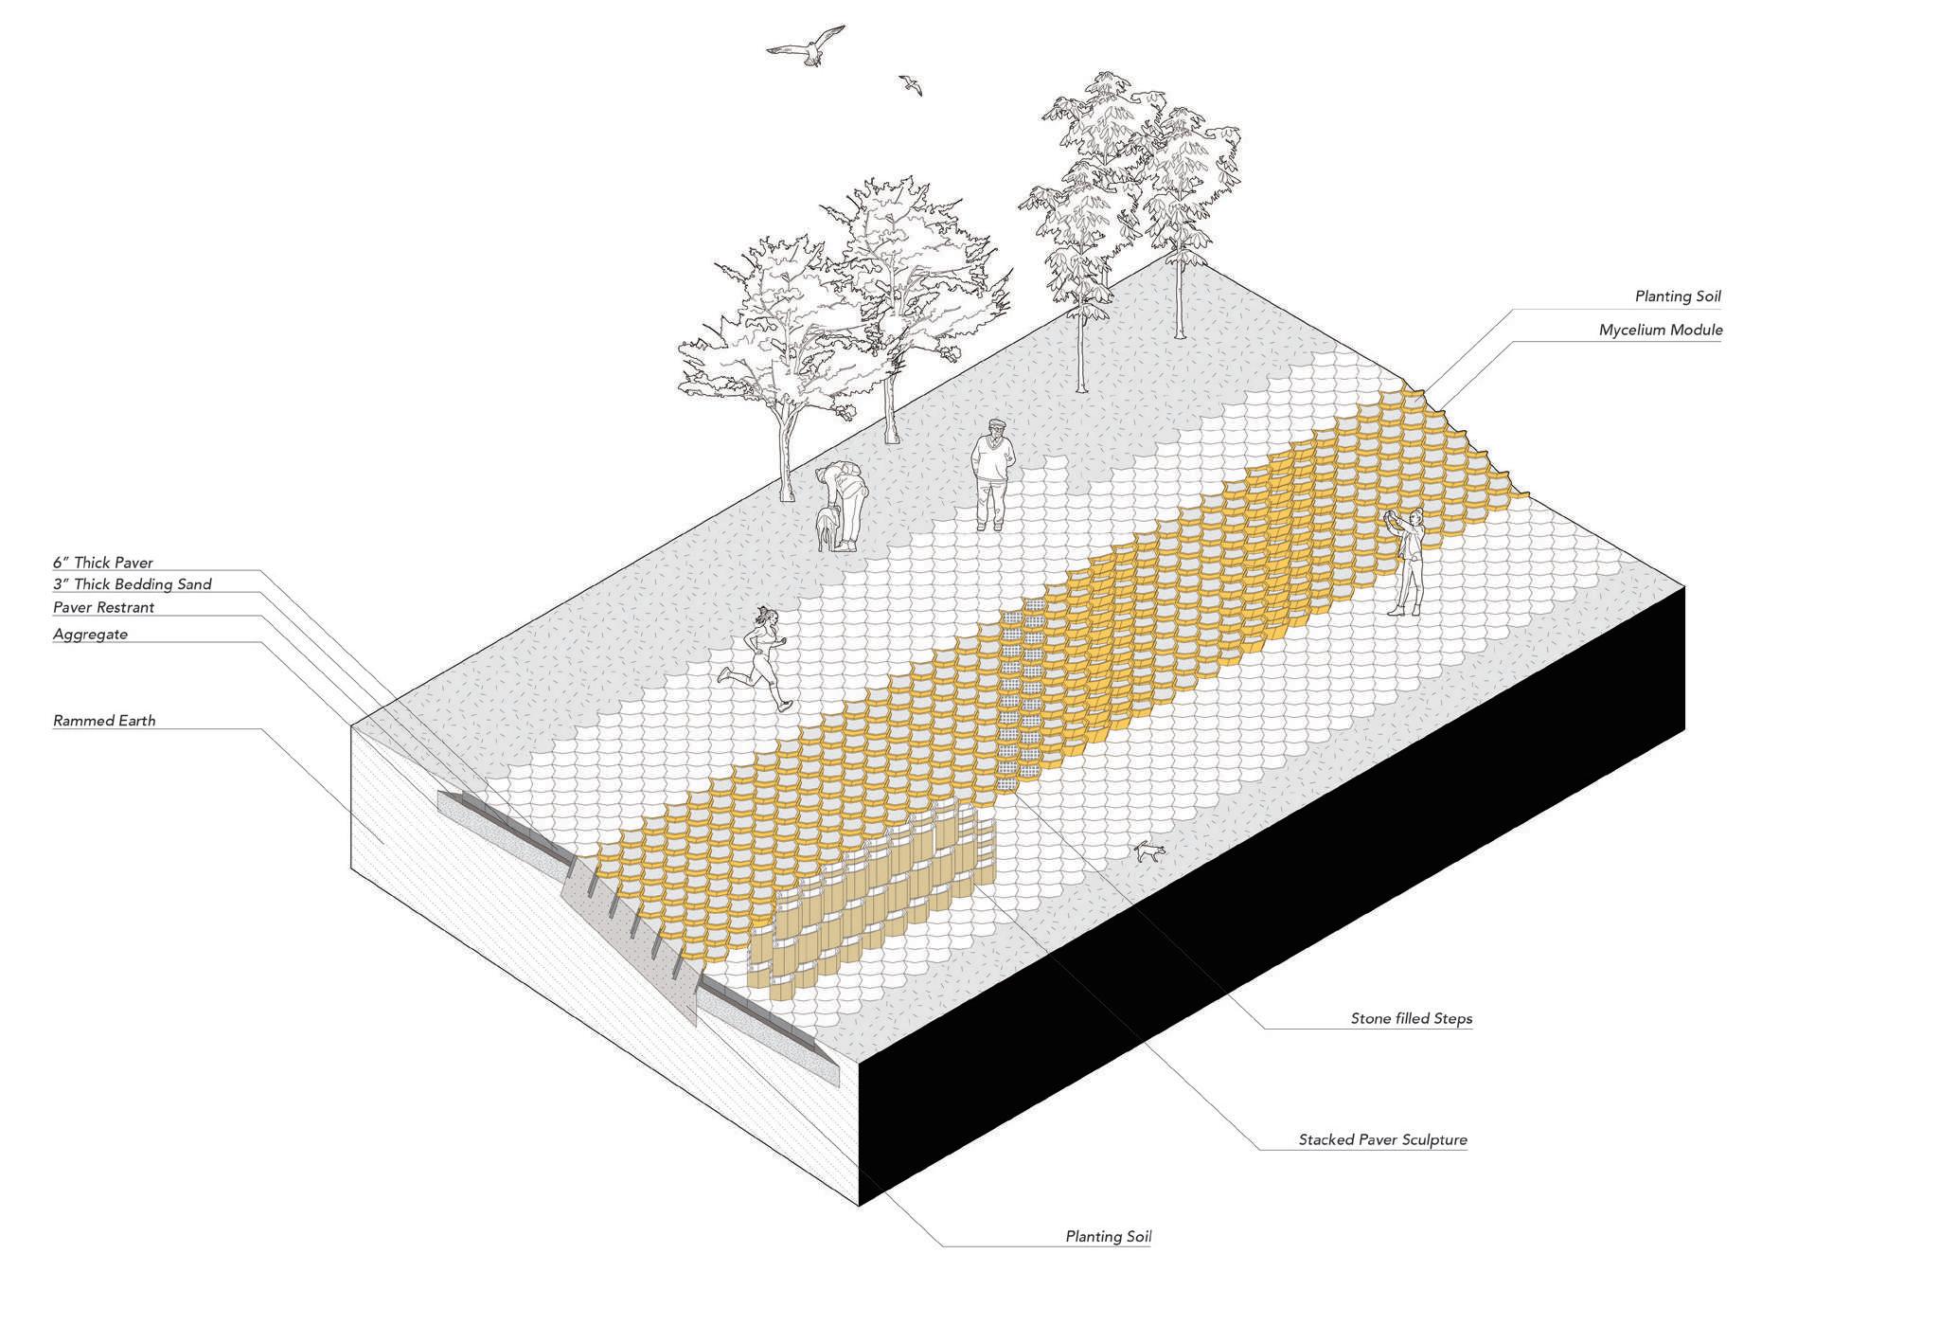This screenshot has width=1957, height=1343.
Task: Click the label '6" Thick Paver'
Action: (102, 563)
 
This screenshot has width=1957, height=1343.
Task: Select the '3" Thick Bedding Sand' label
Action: (132, 584)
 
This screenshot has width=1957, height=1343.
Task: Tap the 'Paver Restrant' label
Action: (103, 607)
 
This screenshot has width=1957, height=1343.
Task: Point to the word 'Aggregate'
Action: (90, 634)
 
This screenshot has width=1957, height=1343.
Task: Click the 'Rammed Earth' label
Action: (104, 721)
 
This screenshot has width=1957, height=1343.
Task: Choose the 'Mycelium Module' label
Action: (1660, 331)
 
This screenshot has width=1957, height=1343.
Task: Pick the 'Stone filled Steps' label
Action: (1411, 1019)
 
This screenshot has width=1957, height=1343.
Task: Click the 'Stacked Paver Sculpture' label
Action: (1382, 1139)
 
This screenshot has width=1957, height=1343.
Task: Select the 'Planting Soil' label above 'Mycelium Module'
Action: (1677, 296)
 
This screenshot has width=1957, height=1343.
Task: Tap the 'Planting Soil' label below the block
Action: (1108, 1236)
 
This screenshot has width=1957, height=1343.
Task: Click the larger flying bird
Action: (807, 47)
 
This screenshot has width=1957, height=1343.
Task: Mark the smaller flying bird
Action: (911, 85)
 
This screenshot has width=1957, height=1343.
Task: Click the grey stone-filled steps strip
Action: (1021, 691)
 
